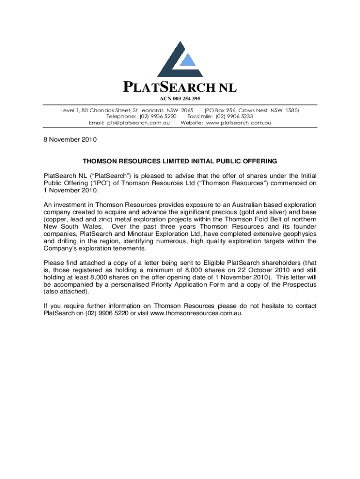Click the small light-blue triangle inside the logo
(x=187, y=60)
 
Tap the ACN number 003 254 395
(x=180, y=98)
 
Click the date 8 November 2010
(x=70, y=139)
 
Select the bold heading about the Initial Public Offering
(x=180, y=161)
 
